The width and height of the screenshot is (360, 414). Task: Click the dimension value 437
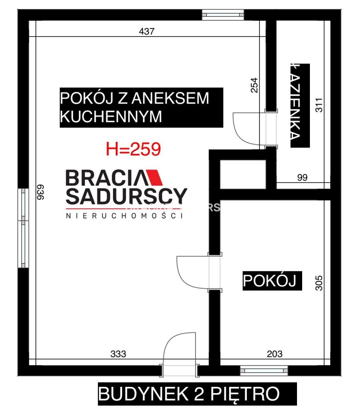147,31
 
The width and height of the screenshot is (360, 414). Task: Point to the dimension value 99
302,177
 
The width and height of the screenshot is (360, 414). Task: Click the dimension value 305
319,283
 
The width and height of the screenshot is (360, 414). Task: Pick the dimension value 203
275,354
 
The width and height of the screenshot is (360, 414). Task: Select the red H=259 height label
133,149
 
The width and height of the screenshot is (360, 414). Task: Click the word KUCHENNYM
111,117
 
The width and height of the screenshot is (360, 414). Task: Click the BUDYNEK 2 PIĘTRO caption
189,394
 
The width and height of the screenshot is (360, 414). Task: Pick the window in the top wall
223,15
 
